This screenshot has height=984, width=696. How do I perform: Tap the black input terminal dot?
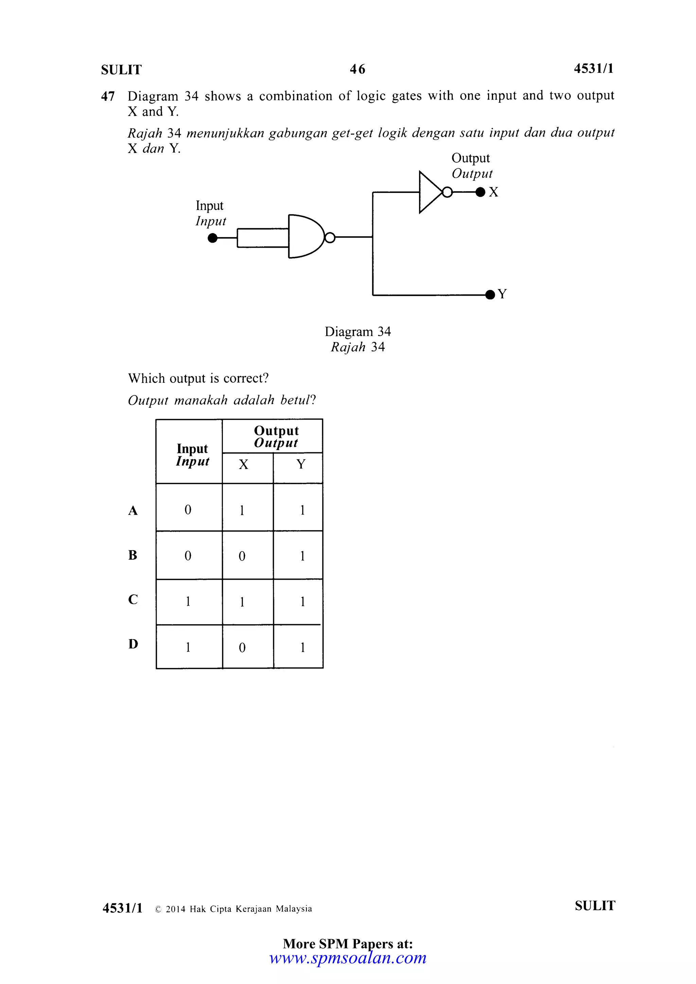212,238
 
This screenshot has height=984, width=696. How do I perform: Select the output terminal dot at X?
481,192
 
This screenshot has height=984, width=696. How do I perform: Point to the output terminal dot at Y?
490,295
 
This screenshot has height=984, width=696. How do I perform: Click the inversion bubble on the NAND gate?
330,237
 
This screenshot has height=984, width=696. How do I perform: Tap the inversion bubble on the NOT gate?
447,192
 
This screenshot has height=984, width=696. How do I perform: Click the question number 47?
108,96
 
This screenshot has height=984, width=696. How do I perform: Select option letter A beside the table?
133,510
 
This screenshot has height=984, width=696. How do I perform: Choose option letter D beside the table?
133,644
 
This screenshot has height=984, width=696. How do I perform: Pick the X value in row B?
242,556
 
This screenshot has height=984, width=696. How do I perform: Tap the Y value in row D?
302,647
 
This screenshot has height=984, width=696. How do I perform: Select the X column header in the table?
243,464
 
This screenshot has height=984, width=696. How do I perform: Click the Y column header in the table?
301,464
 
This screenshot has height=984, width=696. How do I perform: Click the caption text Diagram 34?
358,332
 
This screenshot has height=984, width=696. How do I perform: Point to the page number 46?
358,69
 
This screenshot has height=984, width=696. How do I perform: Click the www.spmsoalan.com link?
348,957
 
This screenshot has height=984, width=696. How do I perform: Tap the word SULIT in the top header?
121,69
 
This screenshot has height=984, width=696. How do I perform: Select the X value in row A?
242,510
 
